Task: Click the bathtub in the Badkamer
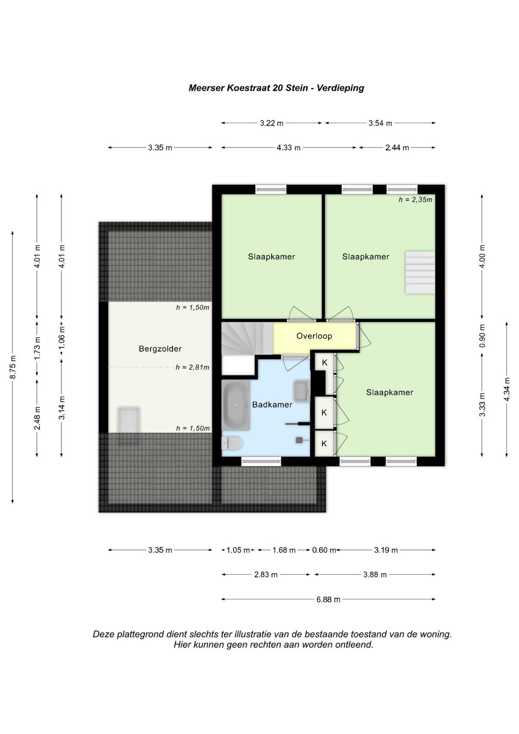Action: tap(235, 406)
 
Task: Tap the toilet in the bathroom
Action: tap(232, 443)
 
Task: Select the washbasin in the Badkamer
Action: tap(301, 391)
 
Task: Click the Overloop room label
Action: tap(314, 336)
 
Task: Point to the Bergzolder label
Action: tap(160, 349)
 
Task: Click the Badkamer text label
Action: tap(272, 405)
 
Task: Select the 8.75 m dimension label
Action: tap(12, 367)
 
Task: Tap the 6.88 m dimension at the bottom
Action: tap(328, 599)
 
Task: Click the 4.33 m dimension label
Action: tap(288, 147)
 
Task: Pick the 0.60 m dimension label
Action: tap(324, 550)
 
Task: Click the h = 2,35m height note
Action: tap(415, 200)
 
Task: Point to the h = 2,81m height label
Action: tap(192, 367)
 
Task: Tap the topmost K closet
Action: tap(324, 362)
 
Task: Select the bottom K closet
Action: tap(324, 443)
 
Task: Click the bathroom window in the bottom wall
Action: tap(261, 462)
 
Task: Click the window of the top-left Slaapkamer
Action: tap(271, 189)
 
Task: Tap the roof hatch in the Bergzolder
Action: tap(129, 426)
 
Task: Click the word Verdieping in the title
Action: tap(340, 88)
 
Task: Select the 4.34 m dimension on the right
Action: tap(507, 389)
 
